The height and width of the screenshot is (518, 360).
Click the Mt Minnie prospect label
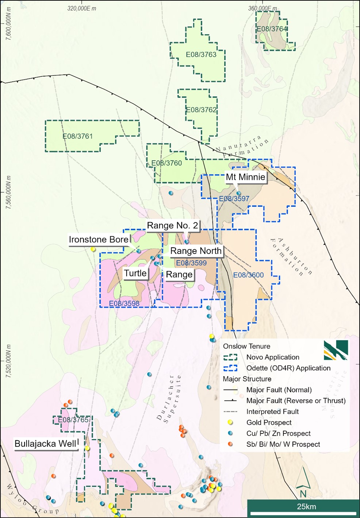tap(245, 177)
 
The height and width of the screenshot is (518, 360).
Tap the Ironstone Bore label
tap(99, 240)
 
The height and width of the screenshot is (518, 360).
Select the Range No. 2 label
tap(172, 225)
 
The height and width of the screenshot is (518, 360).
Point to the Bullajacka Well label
tap(46, 444)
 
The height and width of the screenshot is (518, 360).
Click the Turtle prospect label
tap(135, 273)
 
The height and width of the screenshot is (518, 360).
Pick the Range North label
tap(196, 251)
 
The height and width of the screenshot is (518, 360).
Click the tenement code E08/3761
tap(77, 136)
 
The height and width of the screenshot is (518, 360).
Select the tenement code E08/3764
tap(272, 29)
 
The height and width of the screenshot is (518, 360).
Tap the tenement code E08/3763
tap(201, 55)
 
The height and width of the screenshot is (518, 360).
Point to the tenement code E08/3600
tap(248, 275)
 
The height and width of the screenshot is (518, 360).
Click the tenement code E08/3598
tap(124, 303)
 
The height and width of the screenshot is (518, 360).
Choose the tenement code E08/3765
tap(73, 420)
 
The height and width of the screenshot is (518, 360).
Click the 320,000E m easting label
tap(81, 8)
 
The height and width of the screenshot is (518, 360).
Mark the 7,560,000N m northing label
tap(8, 192)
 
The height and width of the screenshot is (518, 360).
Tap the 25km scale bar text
tap(306, 507)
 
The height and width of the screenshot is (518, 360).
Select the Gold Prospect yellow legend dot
tap(230, 422)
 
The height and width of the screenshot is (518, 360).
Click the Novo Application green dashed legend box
tap(230, 357)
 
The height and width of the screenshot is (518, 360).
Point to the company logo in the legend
tap(336, 350)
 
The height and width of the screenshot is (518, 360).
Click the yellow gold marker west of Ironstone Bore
tap(93, 249)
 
